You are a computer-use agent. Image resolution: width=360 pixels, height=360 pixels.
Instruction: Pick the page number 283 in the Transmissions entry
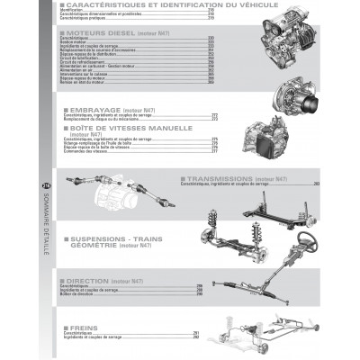(316, 185)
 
